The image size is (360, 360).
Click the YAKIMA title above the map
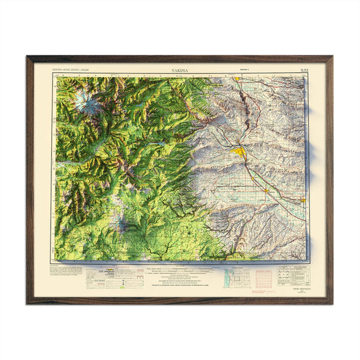(x=180, y=70)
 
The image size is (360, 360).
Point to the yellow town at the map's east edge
(x=302, y=200)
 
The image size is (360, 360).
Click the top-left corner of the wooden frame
(x=28, y=57)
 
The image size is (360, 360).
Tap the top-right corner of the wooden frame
(x=331, y=57)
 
